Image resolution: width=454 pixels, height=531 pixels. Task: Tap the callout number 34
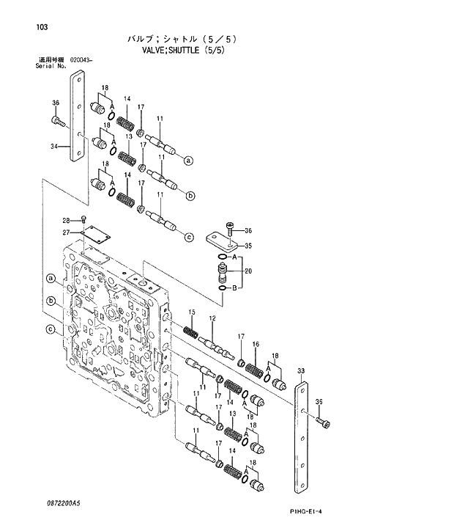pos(54,147)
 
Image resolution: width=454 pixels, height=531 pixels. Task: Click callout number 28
pos(65,220)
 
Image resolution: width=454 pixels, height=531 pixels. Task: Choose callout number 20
pos(248,271)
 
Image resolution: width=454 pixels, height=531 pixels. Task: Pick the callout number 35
pos(248,246)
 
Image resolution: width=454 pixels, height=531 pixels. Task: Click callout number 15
pos(192,313)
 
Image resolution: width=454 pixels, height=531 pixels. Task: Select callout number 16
pos(256,344)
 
